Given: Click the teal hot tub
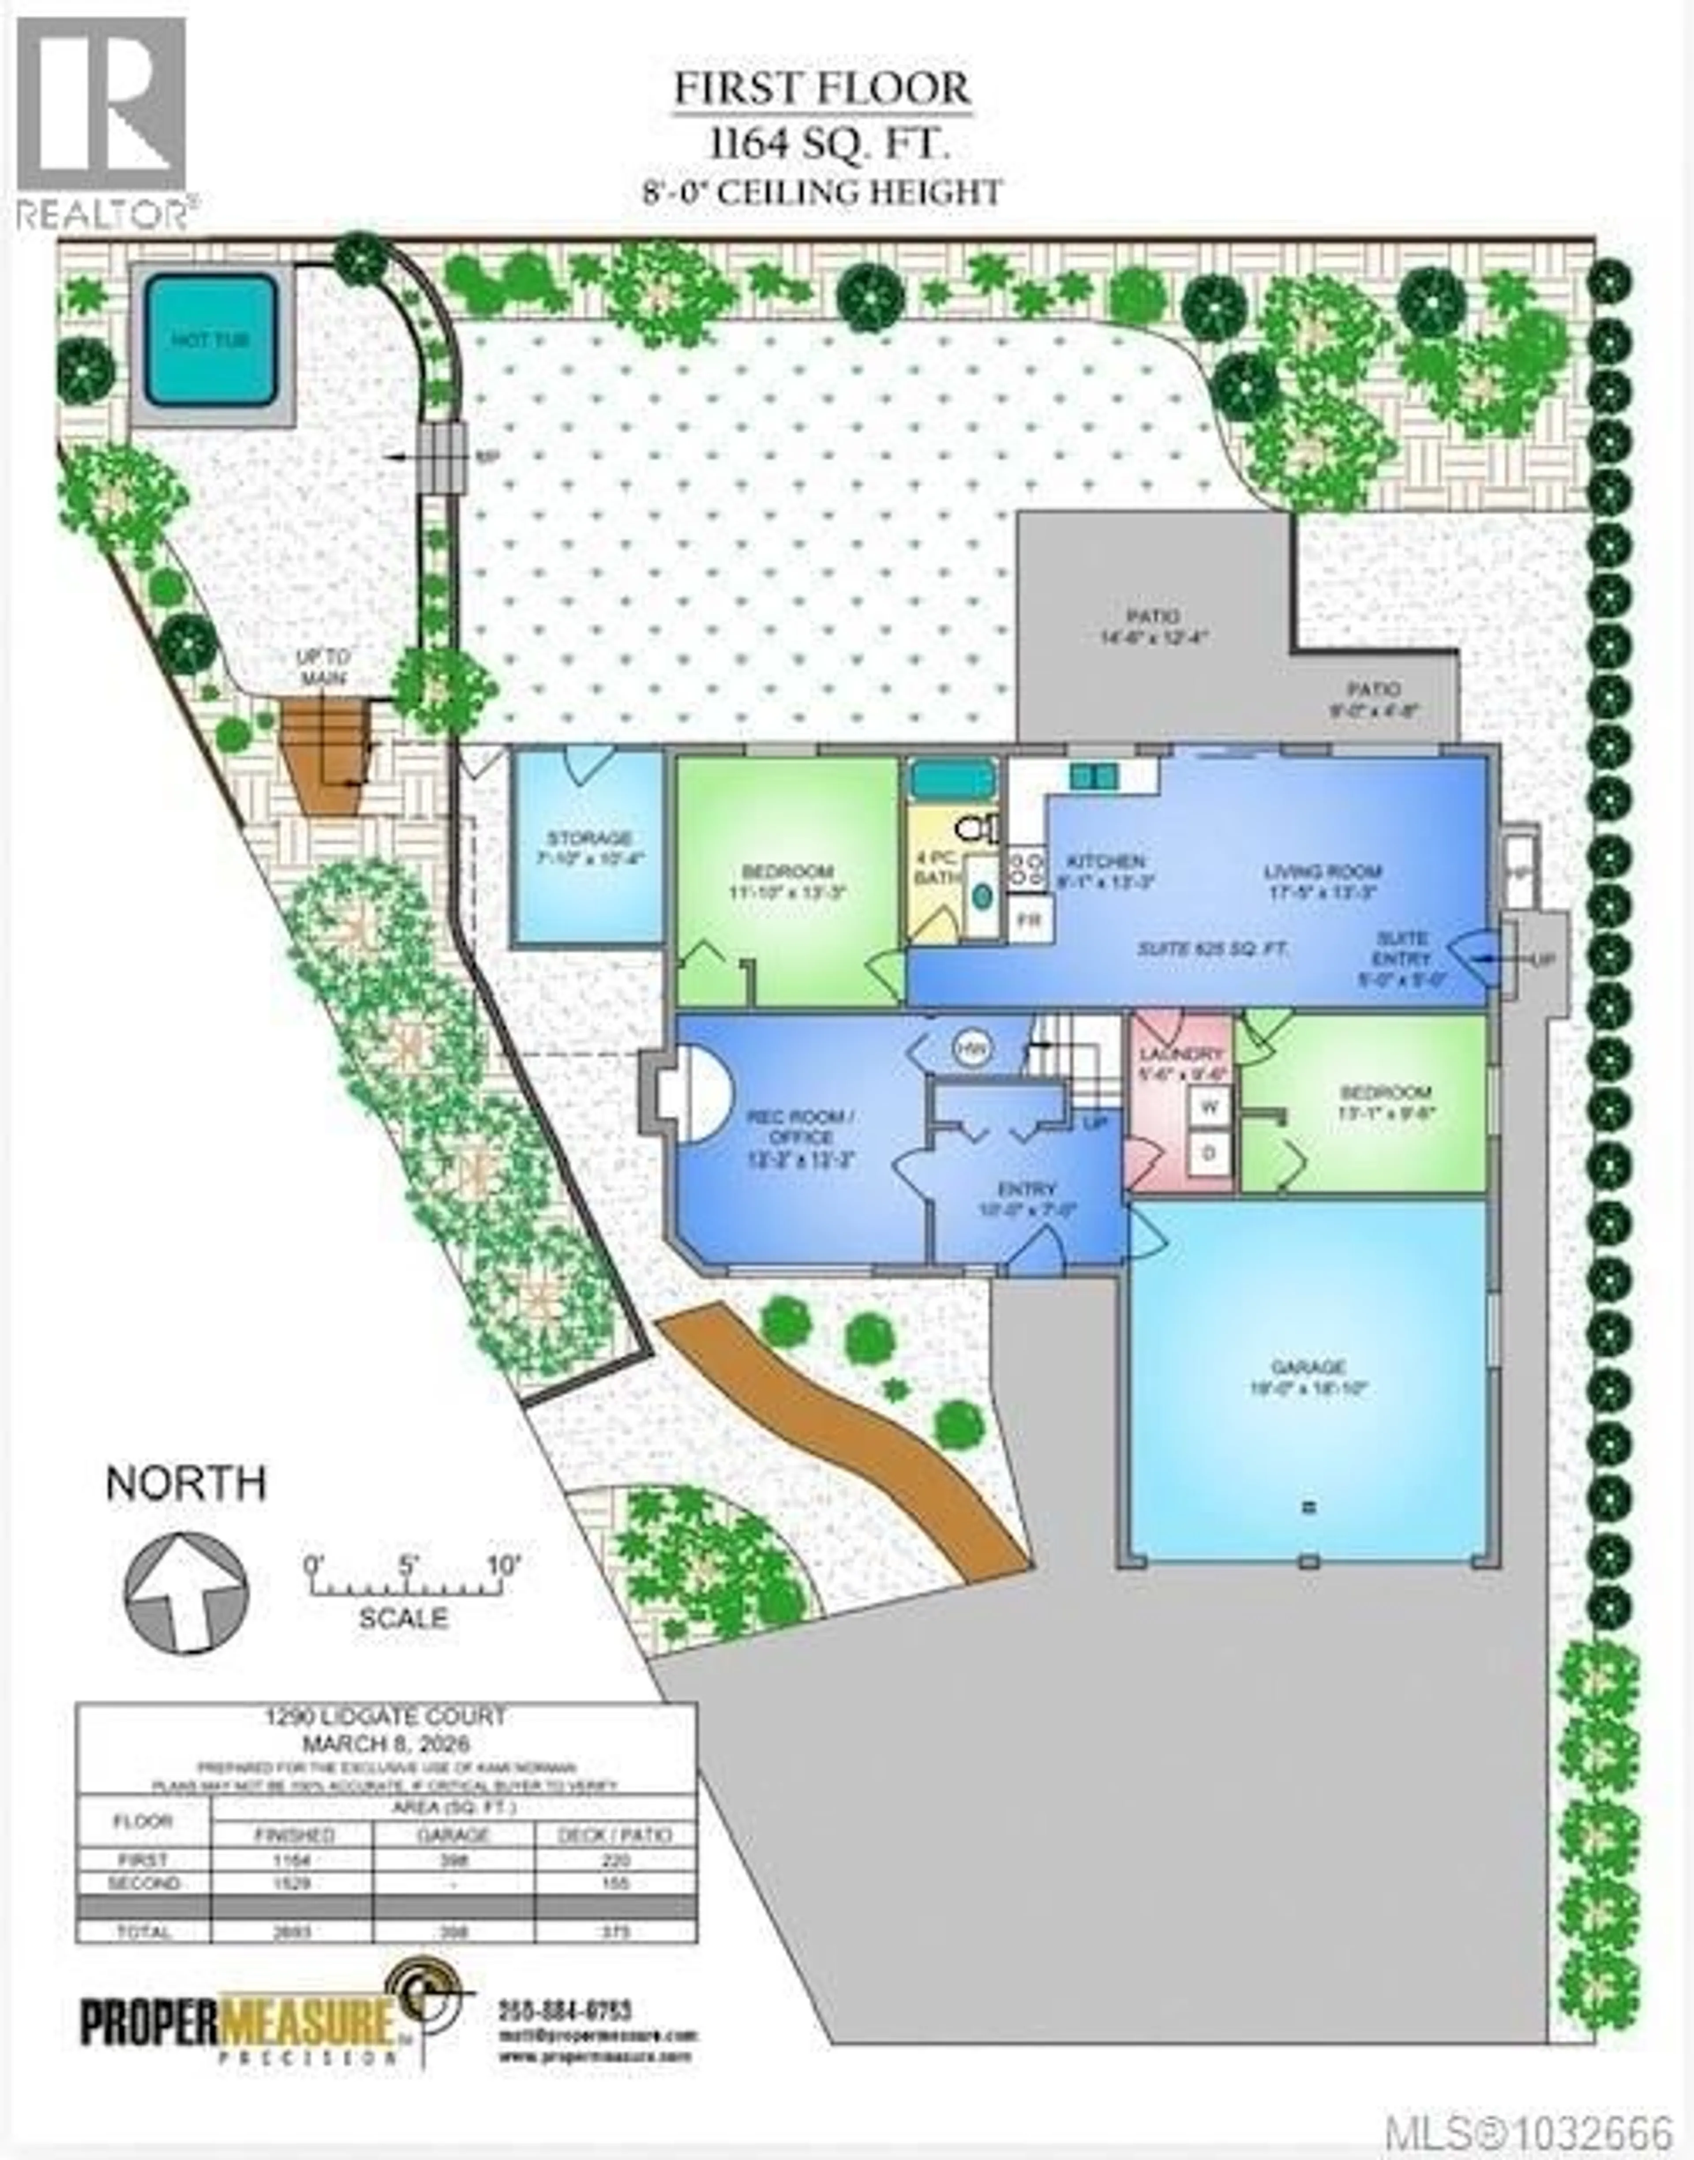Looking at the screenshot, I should click(x=211, y=340).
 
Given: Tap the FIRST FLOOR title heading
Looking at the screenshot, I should click(x=822, y=88).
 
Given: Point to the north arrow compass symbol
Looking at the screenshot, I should click(x=185, y=1593).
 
